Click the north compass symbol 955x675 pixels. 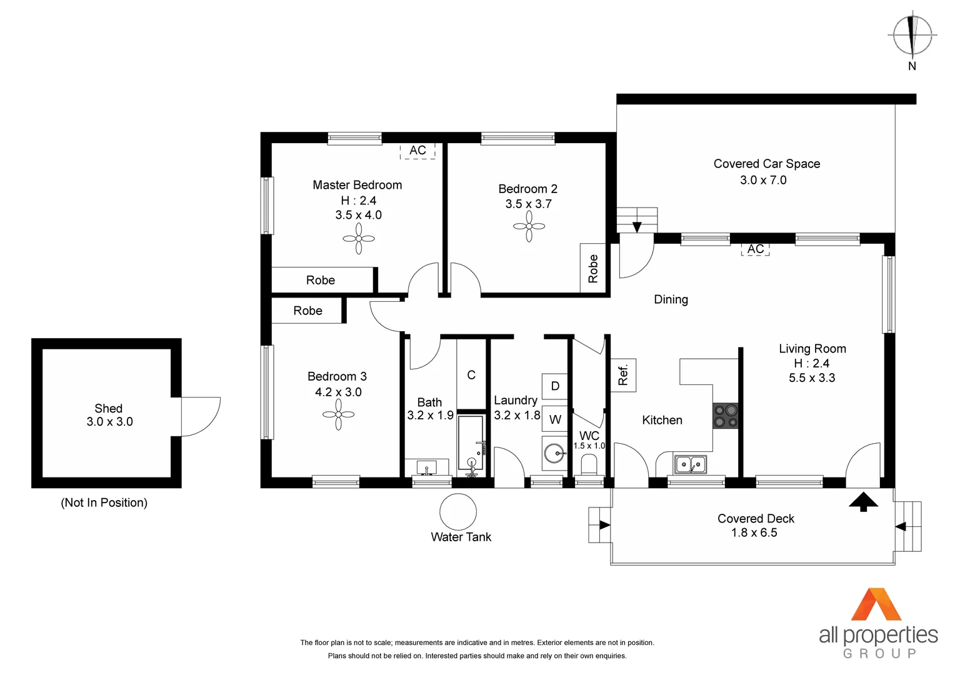pos(912,35)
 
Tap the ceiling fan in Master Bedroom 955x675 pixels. pos(359,239)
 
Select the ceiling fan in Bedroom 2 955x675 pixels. pos(529,226)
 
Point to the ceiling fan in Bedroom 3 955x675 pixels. pos(338,414)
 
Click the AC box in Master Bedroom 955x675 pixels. pos(417,151)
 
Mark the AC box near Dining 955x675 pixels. pos(755,249)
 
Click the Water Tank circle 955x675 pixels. pos(458,512)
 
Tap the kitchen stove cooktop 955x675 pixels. pos(726,416)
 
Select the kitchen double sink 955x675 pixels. pos(690,464)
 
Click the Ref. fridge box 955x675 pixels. pos(623,375)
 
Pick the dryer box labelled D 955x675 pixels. pos(555,386)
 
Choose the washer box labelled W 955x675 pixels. pos(555,419)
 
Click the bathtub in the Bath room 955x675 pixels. pos(471,442)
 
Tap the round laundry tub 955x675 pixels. pos(554,453)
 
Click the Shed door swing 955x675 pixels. pos(200,416)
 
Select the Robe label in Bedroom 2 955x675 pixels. pos(593,269)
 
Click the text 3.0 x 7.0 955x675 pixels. pos(763,180)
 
